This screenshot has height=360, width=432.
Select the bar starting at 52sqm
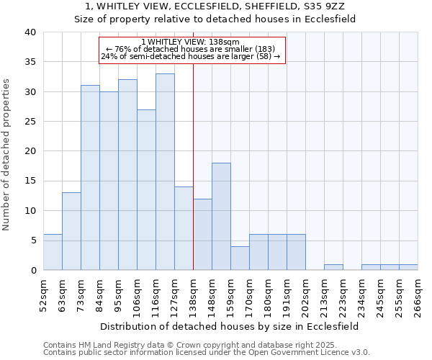53,252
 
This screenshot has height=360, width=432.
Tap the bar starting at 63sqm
71,231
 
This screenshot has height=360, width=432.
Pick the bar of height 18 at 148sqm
221,216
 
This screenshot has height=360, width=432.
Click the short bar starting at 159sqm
240,258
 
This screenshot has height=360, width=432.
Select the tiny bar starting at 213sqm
333,267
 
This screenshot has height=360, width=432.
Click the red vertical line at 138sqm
194,166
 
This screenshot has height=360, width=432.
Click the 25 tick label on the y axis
30,122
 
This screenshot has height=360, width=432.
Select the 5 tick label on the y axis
33,240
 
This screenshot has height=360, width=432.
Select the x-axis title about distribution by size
229,326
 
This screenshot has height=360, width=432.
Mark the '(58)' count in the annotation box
261,56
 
